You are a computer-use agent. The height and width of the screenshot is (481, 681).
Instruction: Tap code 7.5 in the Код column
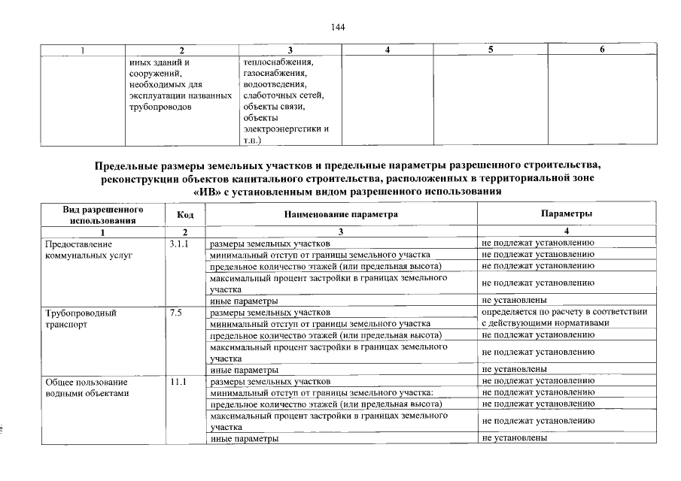pyautogui.click(x=176, y=312)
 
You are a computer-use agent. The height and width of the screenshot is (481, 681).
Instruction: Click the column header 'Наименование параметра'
pyautogui.click(x=340, y=215)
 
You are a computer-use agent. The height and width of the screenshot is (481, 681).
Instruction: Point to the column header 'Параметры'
pyautogui.click(x=566, y=214)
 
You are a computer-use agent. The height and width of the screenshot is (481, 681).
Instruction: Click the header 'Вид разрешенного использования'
pyautogui.click(x=102, y=215)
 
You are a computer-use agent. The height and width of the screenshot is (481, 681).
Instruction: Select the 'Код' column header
pyautogui.click(x=185, y=215)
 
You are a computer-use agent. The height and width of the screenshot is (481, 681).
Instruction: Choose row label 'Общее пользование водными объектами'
pyautogui.click(x=87, y=388)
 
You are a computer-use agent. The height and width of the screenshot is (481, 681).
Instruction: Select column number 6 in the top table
pyautogui.click(x=602, y=50)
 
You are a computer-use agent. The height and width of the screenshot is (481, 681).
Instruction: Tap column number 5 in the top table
pyautogui.click(x=490, y=50)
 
